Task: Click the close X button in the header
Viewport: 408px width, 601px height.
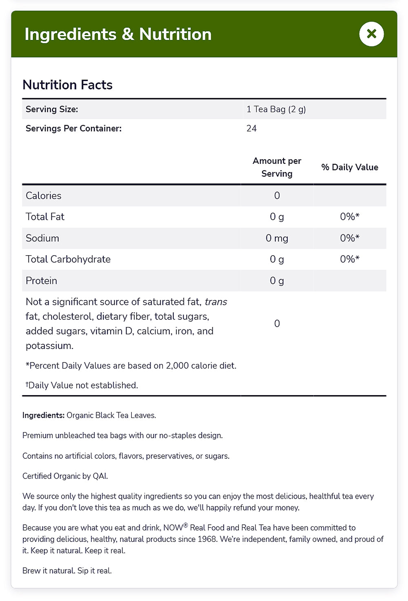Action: [x=371, y=34]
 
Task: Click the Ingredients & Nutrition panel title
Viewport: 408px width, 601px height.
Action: [x=118, y=34]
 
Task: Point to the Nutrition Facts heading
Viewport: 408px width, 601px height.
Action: [x=67, y=85]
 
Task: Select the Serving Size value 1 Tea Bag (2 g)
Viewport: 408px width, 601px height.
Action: [x=276, y=109]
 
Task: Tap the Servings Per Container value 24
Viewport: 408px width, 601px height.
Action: [x=251, y=128]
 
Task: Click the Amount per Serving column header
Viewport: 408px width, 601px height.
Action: [x=277, y=167]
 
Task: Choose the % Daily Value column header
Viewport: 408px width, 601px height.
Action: [x=350, y=167]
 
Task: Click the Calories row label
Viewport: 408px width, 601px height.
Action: [x=43, y=196]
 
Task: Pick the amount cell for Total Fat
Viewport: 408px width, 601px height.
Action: [x=277, y=217]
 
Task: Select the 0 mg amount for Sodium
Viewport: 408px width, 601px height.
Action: [x=277, y=238]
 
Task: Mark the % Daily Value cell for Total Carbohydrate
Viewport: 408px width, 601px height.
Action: [x=350, y=259]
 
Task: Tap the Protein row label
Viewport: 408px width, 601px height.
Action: [x=41, y=281]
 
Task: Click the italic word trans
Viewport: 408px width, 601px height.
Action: [x=216, y=302]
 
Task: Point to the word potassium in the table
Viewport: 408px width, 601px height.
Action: [x=49, y=346]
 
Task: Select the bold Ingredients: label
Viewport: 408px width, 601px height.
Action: [x=43, y=415]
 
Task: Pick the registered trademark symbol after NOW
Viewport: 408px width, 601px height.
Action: [x=186, y=525]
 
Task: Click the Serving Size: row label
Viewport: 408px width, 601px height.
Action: [x=52, y=109]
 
